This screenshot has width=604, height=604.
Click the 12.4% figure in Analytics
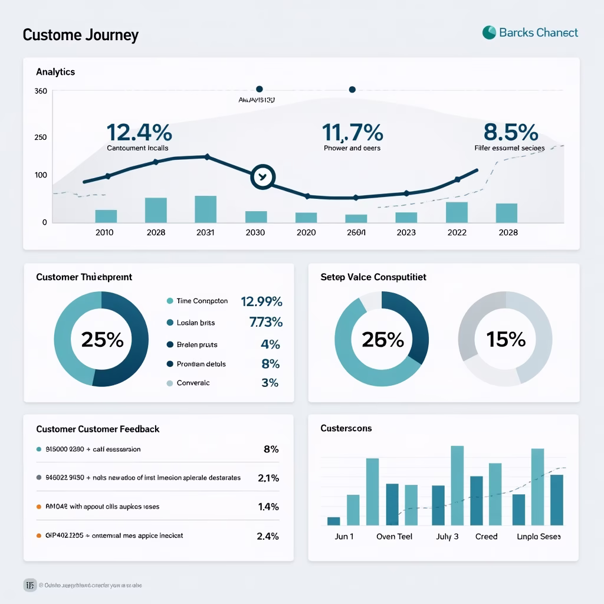pyautogui.click(x=139, y=132)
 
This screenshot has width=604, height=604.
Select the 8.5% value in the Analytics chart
pyautogui.click(x=510, y=132)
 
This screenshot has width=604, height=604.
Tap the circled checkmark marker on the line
pyautogui.click(x=262, y=176)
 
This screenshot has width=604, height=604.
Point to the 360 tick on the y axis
pyautogui.click(x=41, y=91)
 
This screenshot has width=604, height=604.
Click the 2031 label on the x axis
pyautogui.click(x=205, y=232)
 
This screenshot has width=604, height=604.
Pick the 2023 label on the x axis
pyautogui.click(x=406, y=232)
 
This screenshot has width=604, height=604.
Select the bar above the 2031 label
pyautogui.click(x=205, y=209)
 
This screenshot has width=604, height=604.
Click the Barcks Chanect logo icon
pyautogui.click(x=489, y=32)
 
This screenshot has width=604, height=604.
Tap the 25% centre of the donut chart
pyautogui.click(x=102, y=339)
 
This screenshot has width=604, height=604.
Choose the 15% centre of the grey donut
pyautogui.click(x=505, y=339)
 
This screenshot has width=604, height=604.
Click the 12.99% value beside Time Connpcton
pyautogui.click(x=261, y=301)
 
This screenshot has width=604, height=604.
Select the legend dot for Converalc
pyautogui.click(x=170, y=383)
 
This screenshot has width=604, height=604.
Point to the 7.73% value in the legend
pyautogui.click(x=266, y=322)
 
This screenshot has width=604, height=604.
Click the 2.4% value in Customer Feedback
pyautogui.click(x=268, y=536)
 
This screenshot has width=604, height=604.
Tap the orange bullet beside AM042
pyautogui.click(x=39, y=506)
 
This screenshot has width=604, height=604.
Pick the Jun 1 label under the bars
pyautogui.click(x=344, y=537)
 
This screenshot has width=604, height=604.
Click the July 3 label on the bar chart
pyautogui.click(x=447, y=537)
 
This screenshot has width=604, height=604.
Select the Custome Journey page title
pyautogui.click(x=80, y=35)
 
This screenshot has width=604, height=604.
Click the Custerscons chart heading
pyautogui.click(x=346, y=428)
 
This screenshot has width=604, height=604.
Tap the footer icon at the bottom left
pyautogui.click(x=30, y=585)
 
